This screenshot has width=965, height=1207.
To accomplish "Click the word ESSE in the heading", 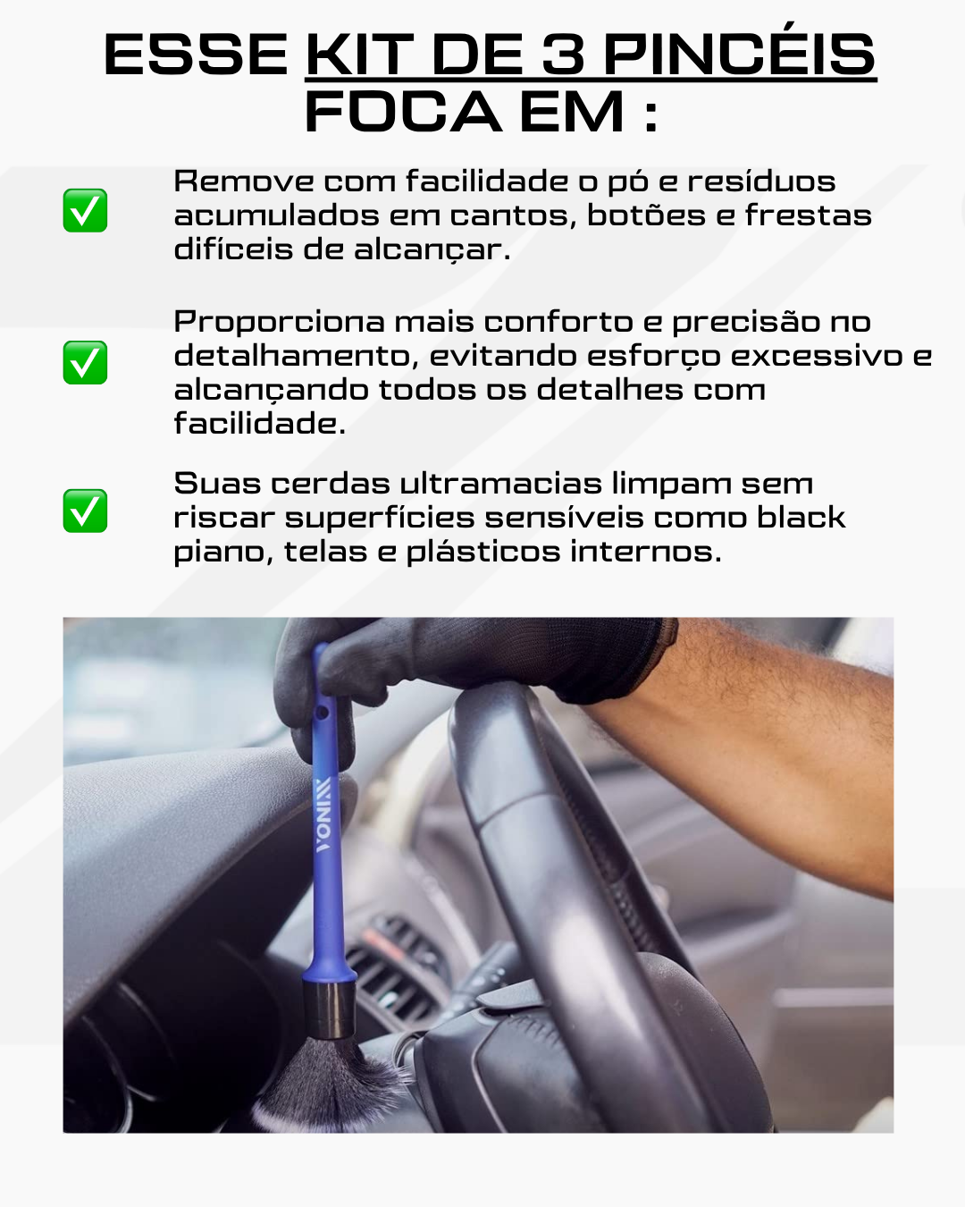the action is click(x=196, y=55).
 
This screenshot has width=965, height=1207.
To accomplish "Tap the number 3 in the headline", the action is click(x=563, y=55).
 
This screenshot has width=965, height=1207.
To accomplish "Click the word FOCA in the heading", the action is click(x=403, y=111).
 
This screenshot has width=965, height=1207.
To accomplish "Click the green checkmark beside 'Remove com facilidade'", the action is click(x=85, y=210).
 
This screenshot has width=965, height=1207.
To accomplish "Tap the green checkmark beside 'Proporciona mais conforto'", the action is click(x=85, y=362).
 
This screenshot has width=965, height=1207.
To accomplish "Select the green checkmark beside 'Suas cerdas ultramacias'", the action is click(x=85, y=511).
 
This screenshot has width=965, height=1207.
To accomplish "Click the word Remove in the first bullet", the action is click(x=244, y=181).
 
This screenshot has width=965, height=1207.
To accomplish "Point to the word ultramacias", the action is click(x=500, y=484).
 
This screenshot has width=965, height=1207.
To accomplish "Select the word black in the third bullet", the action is click(x=801, y=518).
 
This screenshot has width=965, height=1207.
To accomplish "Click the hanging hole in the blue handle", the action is click(x=322, y=713).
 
